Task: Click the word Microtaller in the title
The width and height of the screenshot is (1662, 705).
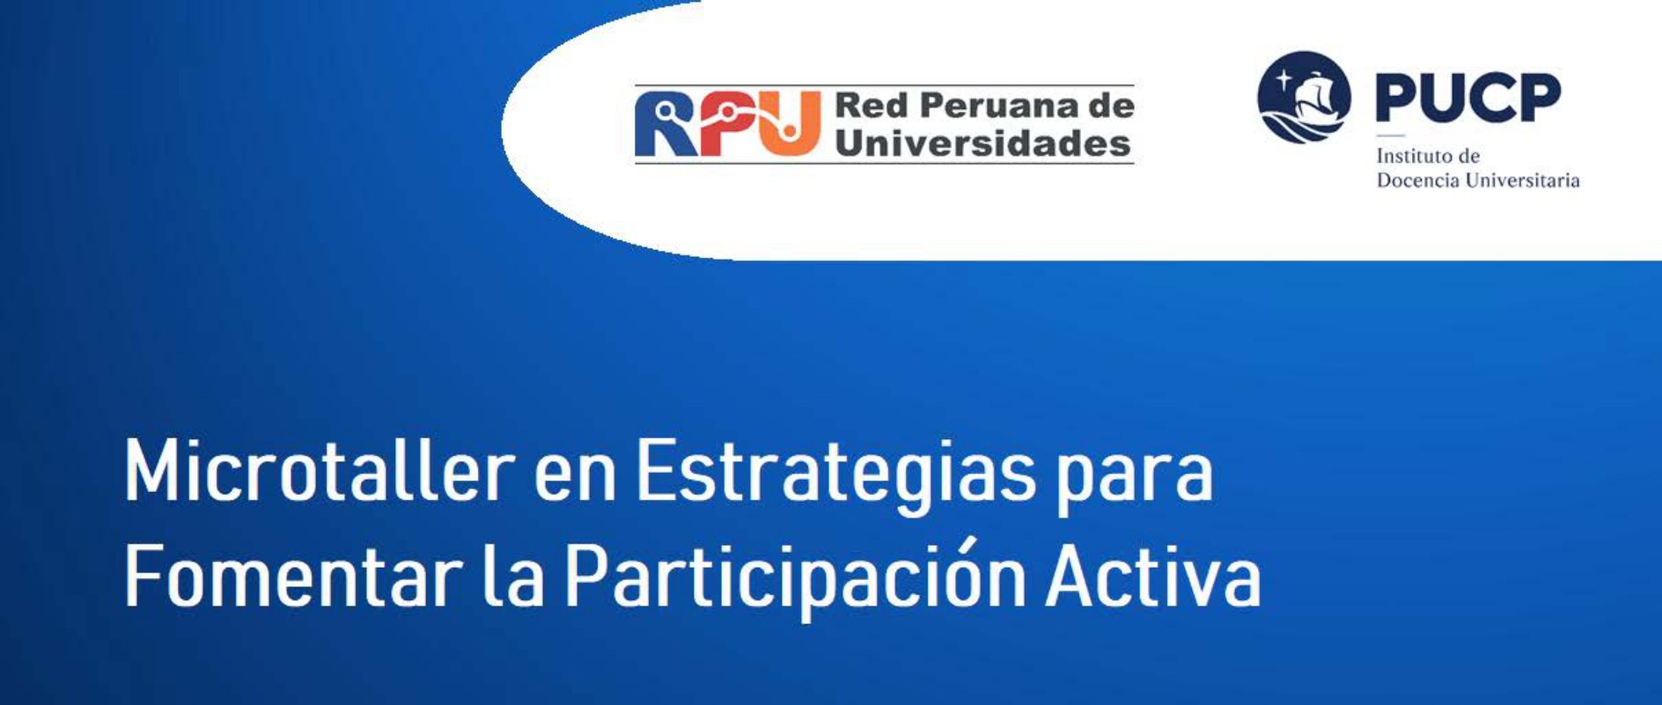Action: pos(319,472)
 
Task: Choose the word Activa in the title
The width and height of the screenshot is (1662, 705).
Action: pos(1153,576)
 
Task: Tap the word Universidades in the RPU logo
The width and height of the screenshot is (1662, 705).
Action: pos(983,143)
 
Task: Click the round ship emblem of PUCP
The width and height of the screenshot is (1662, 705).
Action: pos(1303,97)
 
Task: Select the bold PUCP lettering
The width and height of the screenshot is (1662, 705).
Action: pos(1467,97)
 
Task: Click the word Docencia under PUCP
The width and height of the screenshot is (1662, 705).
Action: pos(1416,180)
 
